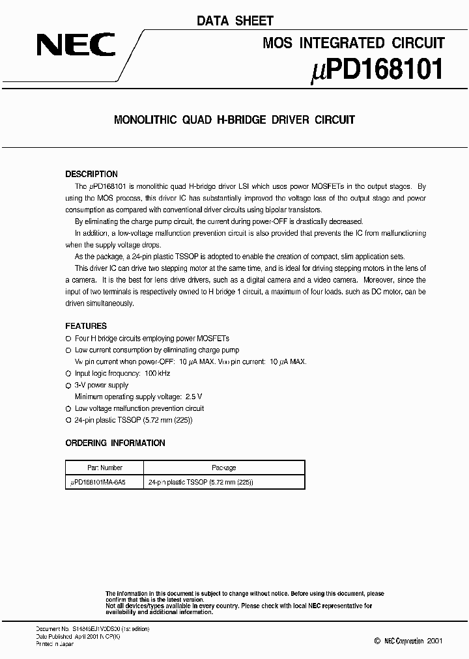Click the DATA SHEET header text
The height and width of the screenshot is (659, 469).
[235, 21]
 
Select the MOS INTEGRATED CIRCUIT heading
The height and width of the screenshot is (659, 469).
[353, 43]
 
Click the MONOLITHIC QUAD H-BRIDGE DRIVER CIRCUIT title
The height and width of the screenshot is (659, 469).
[234, 120]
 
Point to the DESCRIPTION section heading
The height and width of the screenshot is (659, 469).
[92, 174]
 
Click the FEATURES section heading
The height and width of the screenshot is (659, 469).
[86, 326]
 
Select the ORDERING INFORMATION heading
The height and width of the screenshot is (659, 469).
[115, 443]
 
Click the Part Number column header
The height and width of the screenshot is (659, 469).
[105, 468]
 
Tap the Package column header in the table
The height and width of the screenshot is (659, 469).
[224, 468]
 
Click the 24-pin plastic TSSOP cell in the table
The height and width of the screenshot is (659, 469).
[201, 483]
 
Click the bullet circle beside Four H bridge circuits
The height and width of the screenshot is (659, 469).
[68, 339]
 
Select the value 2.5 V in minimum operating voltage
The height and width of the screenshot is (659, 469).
[193, 397]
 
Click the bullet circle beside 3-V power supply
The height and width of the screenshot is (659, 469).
[68, 386]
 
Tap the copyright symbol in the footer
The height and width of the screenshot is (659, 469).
[377, 641]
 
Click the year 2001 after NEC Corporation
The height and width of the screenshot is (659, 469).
[434, 641]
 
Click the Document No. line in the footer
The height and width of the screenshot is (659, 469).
[92, 628]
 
